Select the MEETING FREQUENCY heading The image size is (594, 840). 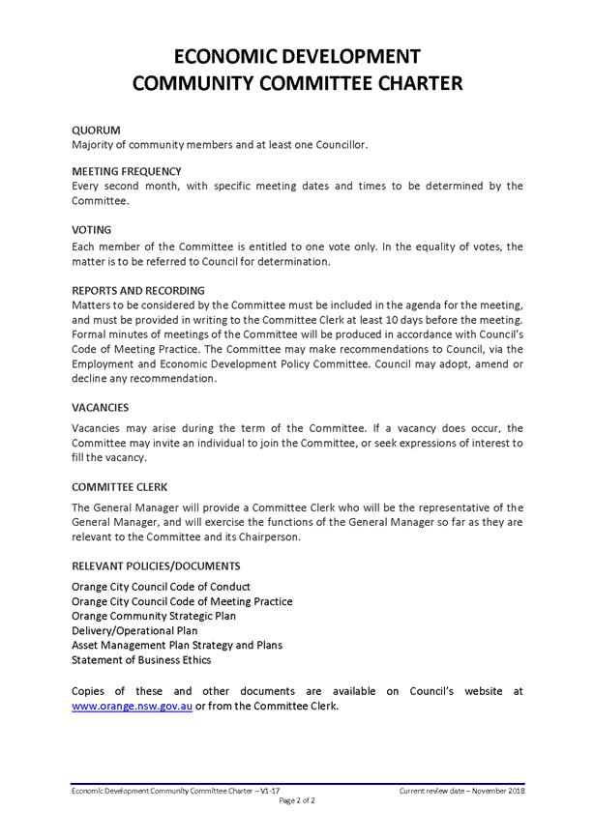tap(127, 171)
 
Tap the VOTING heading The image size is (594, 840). tap(92, 230)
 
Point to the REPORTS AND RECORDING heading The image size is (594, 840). tap(138, 290)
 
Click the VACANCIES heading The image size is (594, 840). tap(101, 407)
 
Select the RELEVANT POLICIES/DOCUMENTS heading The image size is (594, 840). tap(156, 565)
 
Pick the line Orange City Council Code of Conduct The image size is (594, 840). tap(161, 587)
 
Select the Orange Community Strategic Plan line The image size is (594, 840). tap(153, 616)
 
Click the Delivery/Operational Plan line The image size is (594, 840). tap(134, 630)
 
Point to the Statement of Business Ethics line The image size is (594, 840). tap(141, 660)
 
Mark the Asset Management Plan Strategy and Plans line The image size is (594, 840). tap(177, 645)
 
